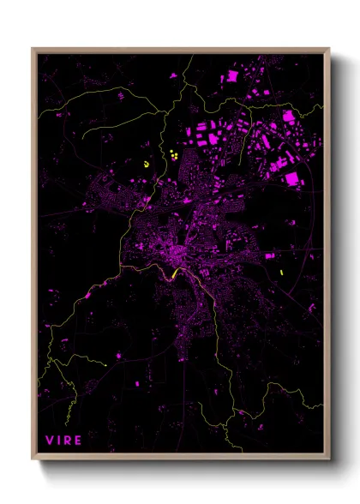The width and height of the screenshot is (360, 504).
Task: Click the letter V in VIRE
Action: [x=50, y=441]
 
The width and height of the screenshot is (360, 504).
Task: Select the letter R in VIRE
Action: [x=69, y=441]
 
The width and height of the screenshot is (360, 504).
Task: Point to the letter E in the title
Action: [x=79, y=441]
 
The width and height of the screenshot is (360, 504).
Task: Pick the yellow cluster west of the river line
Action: [x=147, y=163]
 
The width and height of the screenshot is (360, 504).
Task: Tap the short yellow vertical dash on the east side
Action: [x=281, y=273]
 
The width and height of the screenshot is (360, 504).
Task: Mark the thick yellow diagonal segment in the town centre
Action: [x=177, y=273]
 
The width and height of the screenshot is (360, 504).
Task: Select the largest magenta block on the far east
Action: [x=291, y=178]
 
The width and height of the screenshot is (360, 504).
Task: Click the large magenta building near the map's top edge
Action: [x=231, y=77]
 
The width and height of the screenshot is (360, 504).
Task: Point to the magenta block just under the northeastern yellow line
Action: [x=289, y=115]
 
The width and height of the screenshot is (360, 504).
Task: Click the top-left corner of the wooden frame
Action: [x=33, y=49]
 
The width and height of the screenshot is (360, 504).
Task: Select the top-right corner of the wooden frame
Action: [x=329, y=49]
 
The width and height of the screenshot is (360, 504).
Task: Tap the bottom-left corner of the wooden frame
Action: [x=33, y=459]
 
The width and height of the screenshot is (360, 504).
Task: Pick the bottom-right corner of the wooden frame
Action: [x=329, y=459]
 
